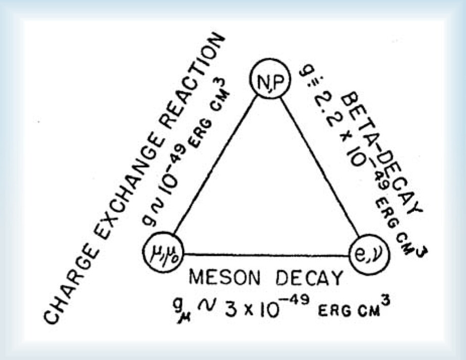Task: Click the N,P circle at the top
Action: [270, 79]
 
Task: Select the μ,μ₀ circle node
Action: [163, 252]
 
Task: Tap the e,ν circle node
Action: [369, 255]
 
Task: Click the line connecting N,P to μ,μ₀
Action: [216, 165]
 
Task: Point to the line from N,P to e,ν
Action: [320, 167]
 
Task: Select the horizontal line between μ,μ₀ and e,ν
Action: [266, 255]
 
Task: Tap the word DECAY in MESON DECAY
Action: [309, 278]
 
